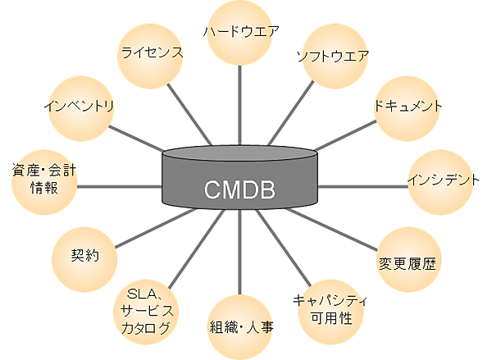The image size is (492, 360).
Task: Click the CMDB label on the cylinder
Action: pyautogui.click(x=239, y=194)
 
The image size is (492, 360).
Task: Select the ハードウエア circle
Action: pyautogui.click(x=241, y=32)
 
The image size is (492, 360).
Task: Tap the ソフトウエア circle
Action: pyautogui.click(x=331, y=57)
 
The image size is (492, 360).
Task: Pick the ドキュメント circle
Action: pyautogui.click(x=408, y=107)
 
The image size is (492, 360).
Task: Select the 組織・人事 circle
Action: pyautogui.click(x=240, y=327)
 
